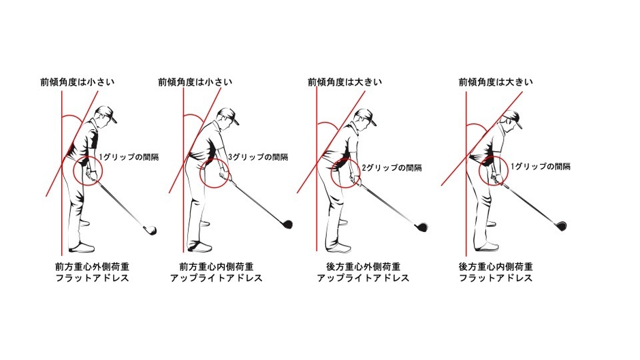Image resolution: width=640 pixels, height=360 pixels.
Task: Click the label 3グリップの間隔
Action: pos(258,157)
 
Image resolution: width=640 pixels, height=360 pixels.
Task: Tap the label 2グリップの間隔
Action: pos(392,168)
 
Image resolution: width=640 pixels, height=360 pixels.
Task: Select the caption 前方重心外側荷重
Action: pos(92,267)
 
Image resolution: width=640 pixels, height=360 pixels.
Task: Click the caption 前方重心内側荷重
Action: pos(217,267)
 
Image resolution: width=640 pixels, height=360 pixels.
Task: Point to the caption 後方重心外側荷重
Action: pos(364,267)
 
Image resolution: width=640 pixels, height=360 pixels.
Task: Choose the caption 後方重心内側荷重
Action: pos(496,267)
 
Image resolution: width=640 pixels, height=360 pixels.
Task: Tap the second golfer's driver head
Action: pos(287,224)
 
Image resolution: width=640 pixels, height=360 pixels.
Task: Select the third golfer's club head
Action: pos(421,227)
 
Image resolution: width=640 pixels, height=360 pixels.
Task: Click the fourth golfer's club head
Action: pos(560,226)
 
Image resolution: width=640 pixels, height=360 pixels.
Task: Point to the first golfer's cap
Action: pos(107,113)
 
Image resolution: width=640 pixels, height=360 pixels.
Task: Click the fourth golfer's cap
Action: pos(513,118)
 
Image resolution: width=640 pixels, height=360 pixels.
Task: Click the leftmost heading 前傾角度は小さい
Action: pos(77,82)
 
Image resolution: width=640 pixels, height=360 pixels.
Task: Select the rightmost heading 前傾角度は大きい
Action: pos(496,82)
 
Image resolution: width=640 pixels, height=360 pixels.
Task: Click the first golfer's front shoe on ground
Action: pos(82,247)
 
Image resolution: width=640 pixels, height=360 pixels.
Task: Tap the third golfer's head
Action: pos(364,118)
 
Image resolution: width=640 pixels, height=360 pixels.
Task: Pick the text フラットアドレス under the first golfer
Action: pos(92,278)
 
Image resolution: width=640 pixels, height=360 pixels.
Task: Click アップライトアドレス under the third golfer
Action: pos(364,278)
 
